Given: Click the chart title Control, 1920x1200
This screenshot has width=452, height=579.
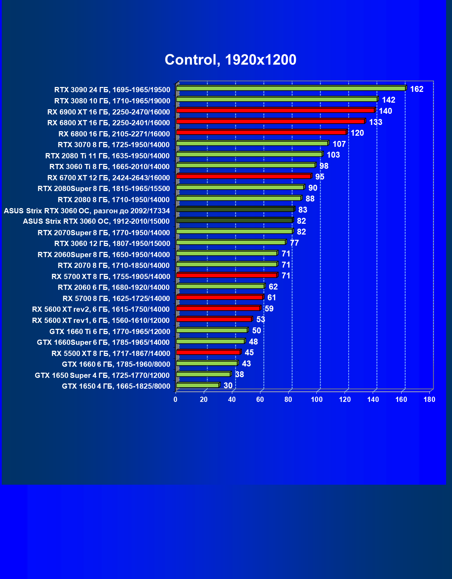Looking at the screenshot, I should tap(230, 60).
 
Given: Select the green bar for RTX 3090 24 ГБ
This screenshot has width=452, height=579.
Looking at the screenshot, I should tap(291, 88).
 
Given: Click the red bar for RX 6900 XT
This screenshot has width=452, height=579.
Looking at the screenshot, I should tap(275, 110).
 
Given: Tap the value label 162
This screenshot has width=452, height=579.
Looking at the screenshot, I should tap(417, 89).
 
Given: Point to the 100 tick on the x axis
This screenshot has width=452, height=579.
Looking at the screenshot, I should tap(316, 399).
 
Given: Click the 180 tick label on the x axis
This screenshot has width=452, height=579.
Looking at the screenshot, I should tap(429, 399).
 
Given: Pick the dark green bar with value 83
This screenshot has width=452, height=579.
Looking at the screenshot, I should tap(235, 209).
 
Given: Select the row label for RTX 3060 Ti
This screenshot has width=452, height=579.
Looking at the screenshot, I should tap(110, 167).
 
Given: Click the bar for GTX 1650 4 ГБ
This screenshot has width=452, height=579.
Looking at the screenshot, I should tap(197, 385).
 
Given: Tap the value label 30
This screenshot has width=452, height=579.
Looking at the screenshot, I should tap(228, 386).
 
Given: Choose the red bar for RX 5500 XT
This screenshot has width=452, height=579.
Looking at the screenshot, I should tap(208, 352).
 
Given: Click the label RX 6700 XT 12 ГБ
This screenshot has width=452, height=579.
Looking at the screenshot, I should tap(108, 178).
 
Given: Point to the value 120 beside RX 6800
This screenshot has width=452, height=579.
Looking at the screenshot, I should tap(357, 133).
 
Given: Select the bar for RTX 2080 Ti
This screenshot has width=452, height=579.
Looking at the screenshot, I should tap(249, 154).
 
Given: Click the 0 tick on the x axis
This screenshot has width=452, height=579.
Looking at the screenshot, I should tap(176, 399).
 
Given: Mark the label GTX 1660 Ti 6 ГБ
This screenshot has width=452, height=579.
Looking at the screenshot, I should tap(110, 331).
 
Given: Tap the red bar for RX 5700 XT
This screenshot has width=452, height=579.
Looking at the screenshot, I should tap(226, 275).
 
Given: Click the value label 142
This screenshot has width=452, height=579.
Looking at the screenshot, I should tap(388, 100).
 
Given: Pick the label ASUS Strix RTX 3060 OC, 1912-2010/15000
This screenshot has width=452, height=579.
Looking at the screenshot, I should tap(96, 221).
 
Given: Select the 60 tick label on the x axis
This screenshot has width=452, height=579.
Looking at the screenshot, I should tap(260, 399).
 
